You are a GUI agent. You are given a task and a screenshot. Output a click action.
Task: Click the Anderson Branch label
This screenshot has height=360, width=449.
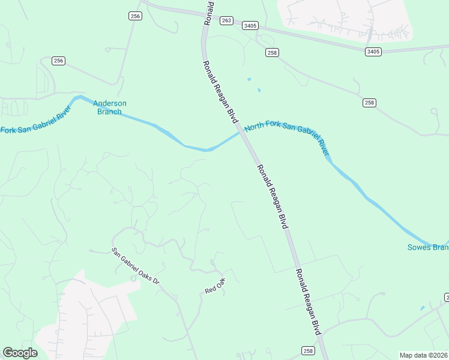click(110, 107)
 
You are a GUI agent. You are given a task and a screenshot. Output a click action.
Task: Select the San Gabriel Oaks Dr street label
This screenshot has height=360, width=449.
click(136, 266)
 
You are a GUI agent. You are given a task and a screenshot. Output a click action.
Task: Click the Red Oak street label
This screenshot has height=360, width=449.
click(214, 286)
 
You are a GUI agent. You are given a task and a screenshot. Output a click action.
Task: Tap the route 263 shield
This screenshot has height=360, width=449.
click(226, 20)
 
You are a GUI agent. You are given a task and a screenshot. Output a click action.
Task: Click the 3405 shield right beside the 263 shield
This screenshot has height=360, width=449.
click(250, 26)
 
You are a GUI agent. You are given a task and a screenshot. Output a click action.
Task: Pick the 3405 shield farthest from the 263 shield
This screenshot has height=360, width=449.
click(372, 52)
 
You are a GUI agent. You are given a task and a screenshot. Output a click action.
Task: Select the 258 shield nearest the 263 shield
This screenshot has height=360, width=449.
click(272, 53)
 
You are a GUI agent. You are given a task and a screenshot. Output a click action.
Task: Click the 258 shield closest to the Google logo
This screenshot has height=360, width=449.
click(308, 351)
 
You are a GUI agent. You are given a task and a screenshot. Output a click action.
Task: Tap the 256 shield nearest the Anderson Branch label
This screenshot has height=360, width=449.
click(58, 61)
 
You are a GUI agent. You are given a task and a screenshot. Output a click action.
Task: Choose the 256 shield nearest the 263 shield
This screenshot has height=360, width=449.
click(135, 16)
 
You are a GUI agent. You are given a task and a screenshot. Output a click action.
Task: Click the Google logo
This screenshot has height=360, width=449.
click(20, 353)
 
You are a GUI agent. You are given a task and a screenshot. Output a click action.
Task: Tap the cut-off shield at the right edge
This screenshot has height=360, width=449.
click(446, 298)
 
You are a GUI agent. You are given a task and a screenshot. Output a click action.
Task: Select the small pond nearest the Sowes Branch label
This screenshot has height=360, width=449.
click(423, 308)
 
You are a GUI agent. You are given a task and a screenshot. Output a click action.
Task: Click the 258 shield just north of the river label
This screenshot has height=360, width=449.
click(369, 103)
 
